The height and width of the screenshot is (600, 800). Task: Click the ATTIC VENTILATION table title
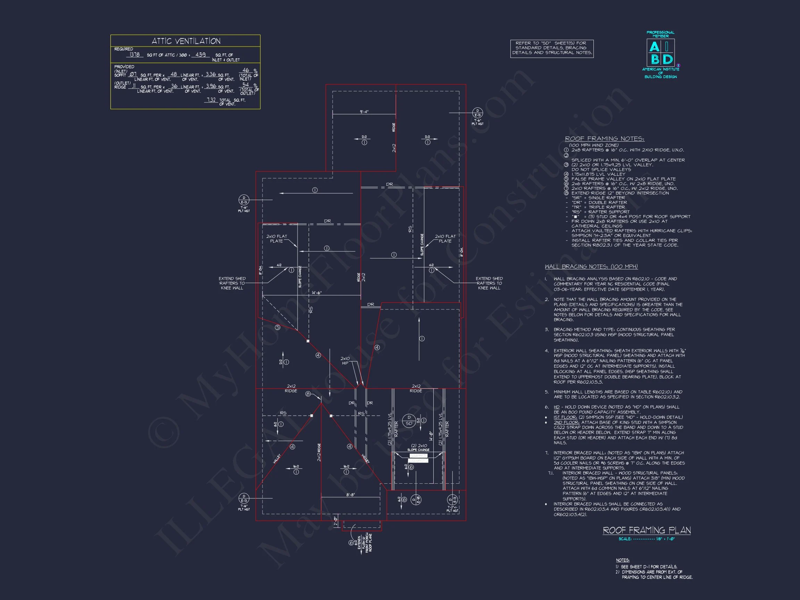(185, 41)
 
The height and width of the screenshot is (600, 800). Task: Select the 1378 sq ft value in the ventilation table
(134, 55)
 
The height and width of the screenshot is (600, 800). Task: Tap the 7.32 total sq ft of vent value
(211, 100)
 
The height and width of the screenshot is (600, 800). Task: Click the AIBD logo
(660, 53)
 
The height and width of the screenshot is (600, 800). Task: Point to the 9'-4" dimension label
(364, 112)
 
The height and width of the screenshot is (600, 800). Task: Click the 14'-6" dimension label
(316, 293)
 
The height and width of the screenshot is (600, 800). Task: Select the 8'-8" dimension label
(350, 494)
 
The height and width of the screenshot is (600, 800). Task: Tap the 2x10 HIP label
(345, 360)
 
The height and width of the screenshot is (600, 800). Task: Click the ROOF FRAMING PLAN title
(647, 531)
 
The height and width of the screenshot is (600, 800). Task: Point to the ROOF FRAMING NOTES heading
(605, 139)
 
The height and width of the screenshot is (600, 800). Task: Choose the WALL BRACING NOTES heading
(591, 267)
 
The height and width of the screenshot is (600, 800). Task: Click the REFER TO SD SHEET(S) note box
(552, 48)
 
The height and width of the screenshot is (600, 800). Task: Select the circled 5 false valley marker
(277, 328)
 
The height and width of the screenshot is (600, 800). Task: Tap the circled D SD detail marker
(409, 420)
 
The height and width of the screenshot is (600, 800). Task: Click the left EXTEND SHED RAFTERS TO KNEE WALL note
(232, 283)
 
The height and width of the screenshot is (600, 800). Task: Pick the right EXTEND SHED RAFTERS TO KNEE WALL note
(489, 283)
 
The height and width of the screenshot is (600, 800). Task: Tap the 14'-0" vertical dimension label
(431, 435)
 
